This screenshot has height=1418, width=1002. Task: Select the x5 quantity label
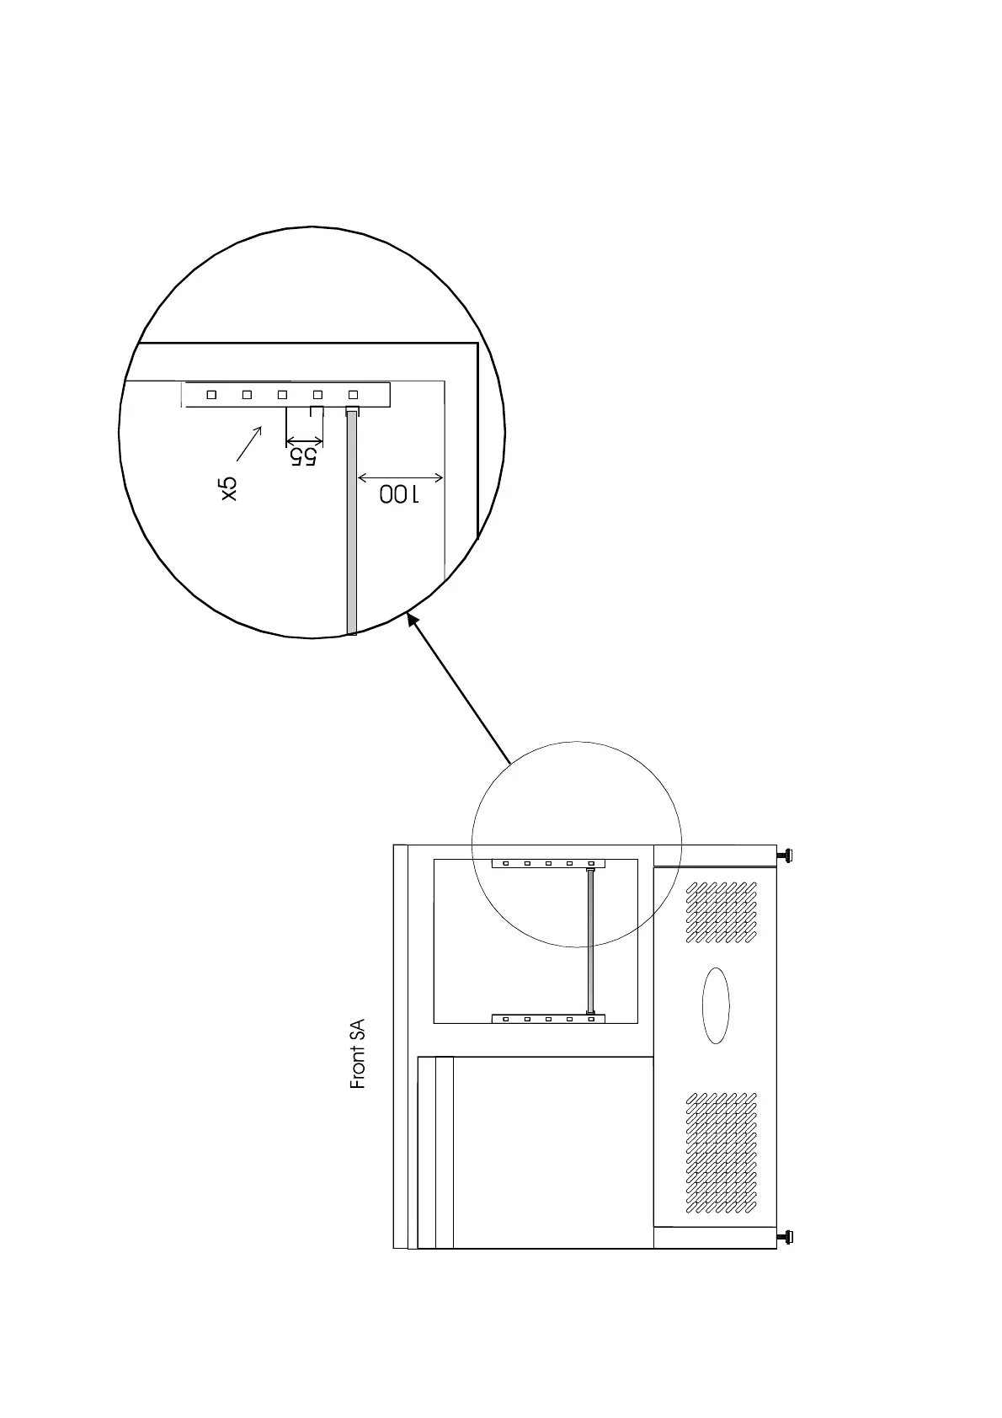click(x=229, y=488)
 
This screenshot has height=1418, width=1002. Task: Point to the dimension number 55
click(x=303, y=456)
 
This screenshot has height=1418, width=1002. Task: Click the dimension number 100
click(x=398, y=493)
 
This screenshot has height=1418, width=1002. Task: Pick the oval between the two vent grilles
click(x=716, y=1005)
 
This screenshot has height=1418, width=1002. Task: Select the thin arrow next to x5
click(x=249, y=444)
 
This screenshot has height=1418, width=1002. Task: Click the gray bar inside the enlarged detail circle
click(x=352, y=522)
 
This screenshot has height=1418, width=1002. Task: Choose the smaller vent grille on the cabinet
click(x=722, y=912)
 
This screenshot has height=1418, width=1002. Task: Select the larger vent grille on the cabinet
click(x=722, y=1153)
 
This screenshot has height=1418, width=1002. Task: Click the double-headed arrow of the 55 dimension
click(x=304, y=441)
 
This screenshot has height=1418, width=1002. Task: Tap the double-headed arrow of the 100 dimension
click(x=400, y=478)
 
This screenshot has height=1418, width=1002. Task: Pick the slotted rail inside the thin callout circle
click(x=548, y=863)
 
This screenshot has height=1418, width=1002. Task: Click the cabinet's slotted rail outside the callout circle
click(x=548, y=1019)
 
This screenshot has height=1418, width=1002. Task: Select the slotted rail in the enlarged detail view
click(x=286, y=394)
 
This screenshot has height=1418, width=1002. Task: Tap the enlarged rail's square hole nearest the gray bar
click(x=353, y=394)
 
